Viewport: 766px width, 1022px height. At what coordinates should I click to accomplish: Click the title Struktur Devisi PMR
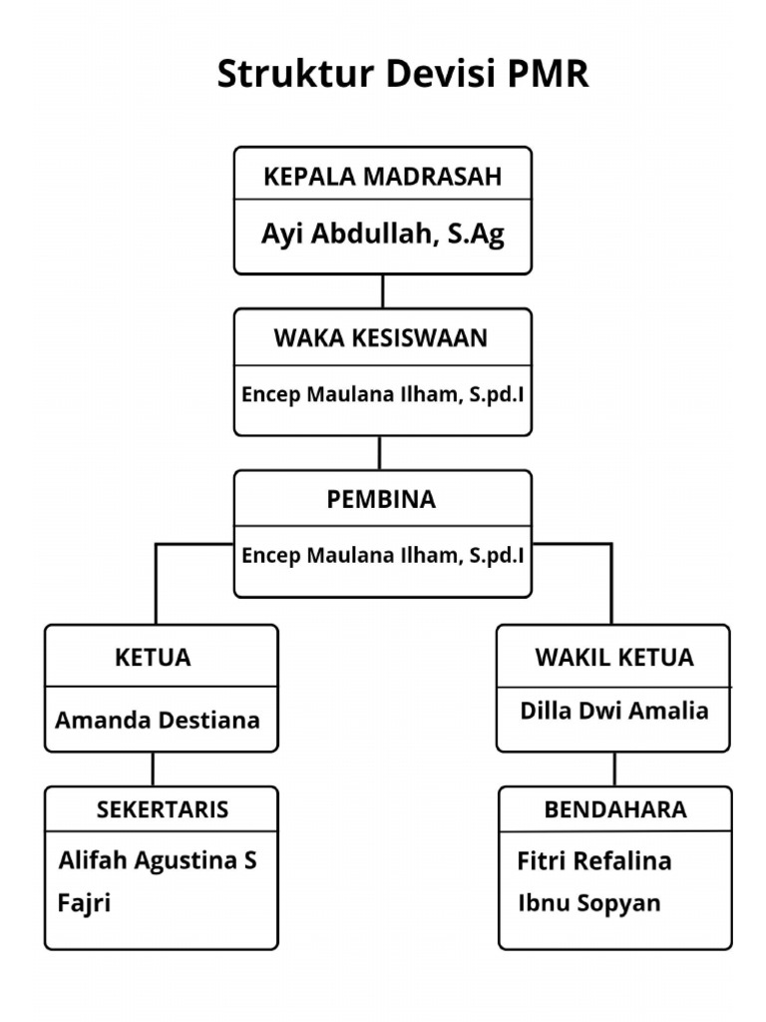point(403,75)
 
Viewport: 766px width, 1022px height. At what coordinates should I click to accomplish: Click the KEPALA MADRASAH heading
point(383,178)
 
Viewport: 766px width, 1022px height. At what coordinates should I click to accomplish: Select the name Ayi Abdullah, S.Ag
point(383,234)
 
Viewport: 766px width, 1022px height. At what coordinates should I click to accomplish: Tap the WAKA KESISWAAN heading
point(381,338)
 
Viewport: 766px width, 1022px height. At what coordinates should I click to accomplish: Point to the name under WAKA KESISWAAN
point(383,393)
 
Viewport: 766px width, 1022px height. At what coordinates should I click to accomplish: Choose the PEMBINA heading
point(381,500)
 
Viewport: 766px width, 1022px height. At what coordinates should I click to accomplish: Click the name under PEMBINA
point(383,555)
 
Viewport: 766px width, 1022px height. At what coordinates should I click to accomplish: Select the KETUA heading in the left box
point(153,658)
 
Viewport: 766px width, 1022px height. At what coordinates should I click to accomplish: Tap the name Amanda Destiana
point(158,720)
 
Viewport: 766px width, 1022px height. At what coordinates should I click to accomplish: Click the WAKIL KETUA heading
point(614,658)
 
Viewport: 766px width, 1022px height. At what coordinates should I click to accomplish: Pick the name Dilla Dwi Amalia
point(614,711)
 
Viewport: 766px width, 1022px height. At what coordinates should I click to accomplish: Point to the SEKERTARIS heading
point(163,809)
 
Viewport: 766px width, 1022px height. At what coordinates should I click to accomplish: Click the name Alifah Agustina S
point(158,859)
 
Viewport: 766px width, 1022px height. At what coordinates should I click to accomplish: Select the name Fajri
point(85,904)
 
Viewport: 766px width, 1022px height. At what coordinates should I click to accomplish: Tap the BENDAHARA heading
point(615,809)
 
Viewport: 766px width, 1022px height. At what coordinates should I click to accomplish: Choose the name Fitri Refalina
point(594,860)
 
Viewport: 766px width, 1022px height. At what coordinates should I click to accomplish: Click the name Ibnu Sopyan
point(589,903)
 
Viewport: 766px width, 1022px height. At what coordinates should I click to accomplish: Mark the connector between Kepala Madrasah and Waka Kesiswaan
point(382,291)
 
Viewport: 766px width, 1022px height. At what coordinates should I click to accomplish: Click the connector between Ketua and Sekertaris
point(153,768)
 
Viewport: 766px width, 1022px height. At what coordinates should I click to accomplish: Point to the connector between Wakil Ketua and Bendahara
point(614,768)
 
